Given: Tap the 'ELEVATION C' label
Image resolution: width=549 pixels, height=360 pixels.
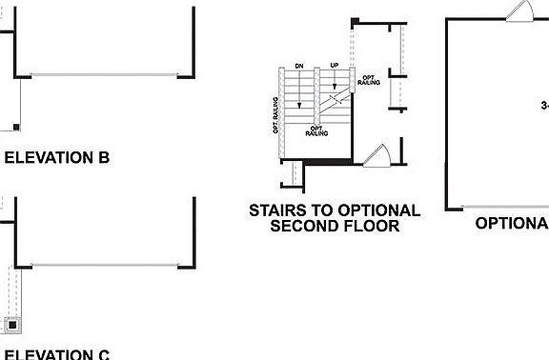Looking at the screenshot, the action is [57, 354].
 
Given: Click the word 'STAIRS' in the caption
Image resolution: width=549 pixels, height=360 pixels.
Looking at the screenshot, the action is [279, 210].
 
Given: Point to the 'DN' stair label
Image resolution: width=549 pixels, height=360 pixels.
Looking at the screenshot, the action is [299, 66].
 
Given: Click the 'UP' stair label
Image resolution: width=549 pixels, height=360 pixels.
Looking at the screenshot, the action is [334, 66].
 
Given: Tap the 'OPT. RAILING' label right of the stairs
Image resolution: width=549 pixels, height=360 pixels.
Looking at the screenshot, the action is [369, 80].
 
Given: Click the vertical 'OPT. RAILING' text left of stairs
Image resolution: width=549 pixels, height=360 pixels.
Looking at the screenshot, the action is [275, 114].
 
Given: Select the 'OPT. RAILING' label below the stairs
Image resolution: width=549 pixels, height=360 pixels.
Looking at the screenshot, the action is [317, 130].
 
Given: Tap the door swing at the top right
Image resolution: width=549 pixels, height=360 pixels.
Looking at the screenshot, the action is [520, 11].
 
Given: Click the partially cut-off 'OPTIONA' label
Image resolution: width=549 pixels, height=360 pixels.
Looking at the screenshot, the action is [512, 223].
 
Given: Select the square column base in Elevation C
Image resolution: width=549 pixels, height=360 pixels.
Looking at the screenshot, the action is [12, 324].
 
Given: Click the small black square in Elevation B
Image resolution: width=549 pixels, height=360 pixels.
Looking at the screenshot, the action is [16, 126].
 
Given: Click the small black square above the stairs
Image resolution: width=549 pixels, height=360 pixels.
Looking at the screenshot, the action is [355, 21].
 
